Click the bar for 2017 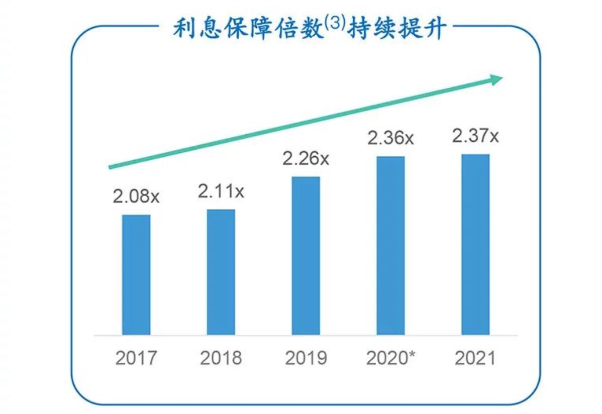[136, 274]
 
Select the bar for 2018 [221, 272]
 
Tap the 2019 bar [306, 255]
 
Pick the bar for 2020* [390, 245]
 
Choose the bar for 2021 [475, 244]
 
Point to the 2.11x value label [221, 191]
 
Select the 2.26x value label [306, 159]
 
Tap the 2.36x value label [390, 138]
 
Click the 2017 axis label [136, 358]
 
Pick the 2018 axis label [221, 358]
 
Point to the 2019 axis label [306, 358]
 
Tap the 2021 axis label [475, 358]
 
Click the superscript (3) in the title [334, 25]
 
